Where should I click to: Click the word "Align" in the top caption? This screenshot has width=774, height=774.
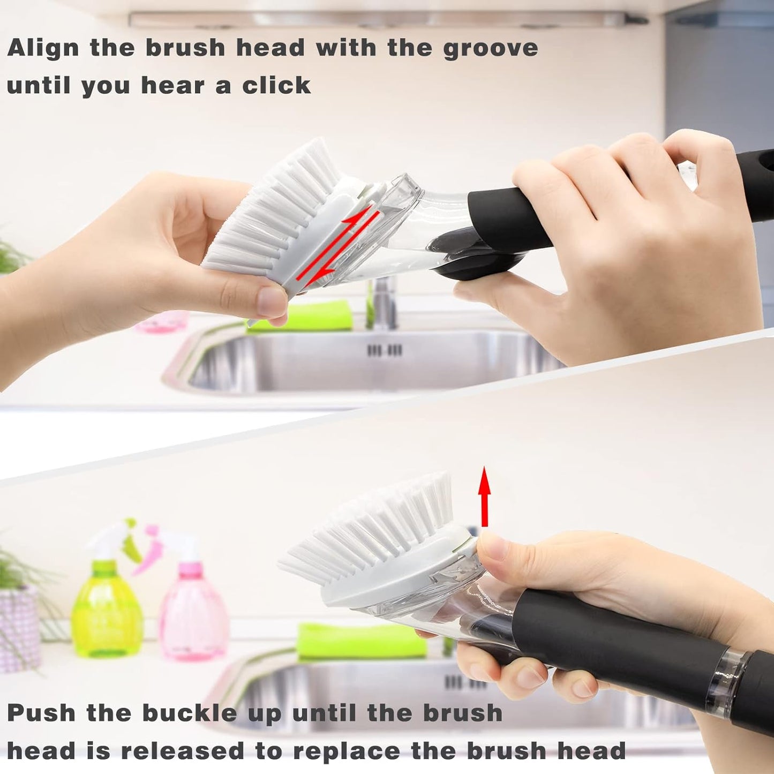[x=43, y=48]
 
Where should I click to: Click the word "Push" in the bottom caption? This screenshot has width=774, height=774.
[x=41, y=713]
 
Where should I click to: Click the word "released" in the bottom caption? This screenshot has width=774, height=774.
[x=183, y=751]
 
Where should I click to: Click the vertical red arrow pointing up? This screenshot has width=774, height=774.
[x=484, y=496]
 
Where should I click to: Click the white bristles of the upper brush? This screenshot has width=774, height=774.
[x=268, y=214]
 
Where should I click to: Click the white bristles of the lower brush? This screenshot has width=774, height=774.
[x=375, y=530]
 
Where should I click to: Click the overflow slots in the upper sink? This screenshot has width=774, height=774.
[x=384, y=350]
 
